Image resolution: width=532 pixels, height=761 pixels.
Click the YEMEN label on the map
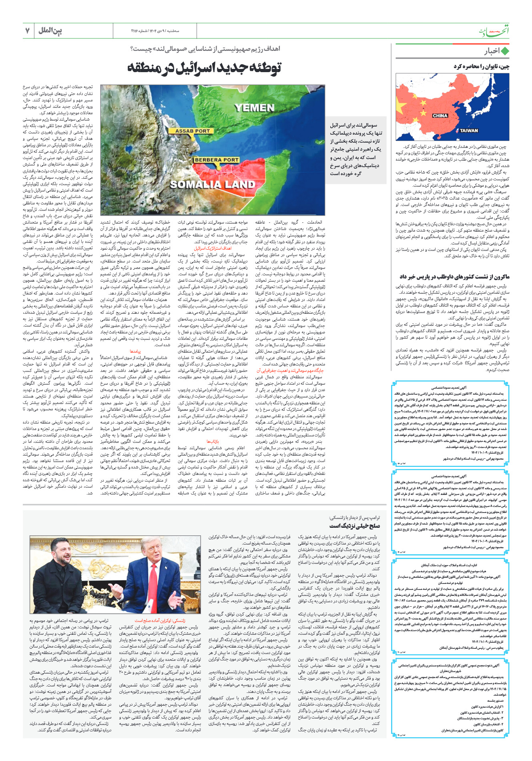pyautogui.click(x=255, y=107)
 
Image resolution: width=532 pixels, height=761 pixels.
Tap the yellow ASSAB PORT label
pyautogui.click(x=193, y=131)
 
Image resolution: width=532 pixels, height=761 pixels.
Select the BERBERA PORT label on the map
pyautogui.click(x=217, y=160)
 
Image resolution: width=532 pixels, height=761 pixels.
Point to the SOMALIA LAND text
pyautogui.click(x=212, y=184)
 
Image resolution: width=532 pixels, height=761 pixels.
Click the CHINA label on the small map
pyautogui.click(x=440, y=115)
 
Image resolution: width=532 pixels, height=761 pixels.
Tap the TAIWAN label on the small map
pyautogui.click(x=468, y=130)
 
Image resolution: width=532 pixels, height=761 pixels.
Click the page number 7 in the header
pyautogui.click(x=28, y=30)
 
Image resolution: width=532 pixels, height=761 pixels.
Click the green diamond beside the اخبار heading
pyautogui.click(x=505, y=51)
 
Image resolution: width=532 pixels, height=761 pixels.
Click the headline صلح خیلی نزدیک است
pyautogui.click(x=354, y=526)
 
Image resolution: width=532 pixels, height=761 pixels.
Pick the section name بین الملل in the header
pyautogui.click(x=50, y=30)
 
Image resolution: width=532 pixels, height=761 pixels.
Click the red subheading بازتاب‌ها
pyautogui.click(x=213, y=430)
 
